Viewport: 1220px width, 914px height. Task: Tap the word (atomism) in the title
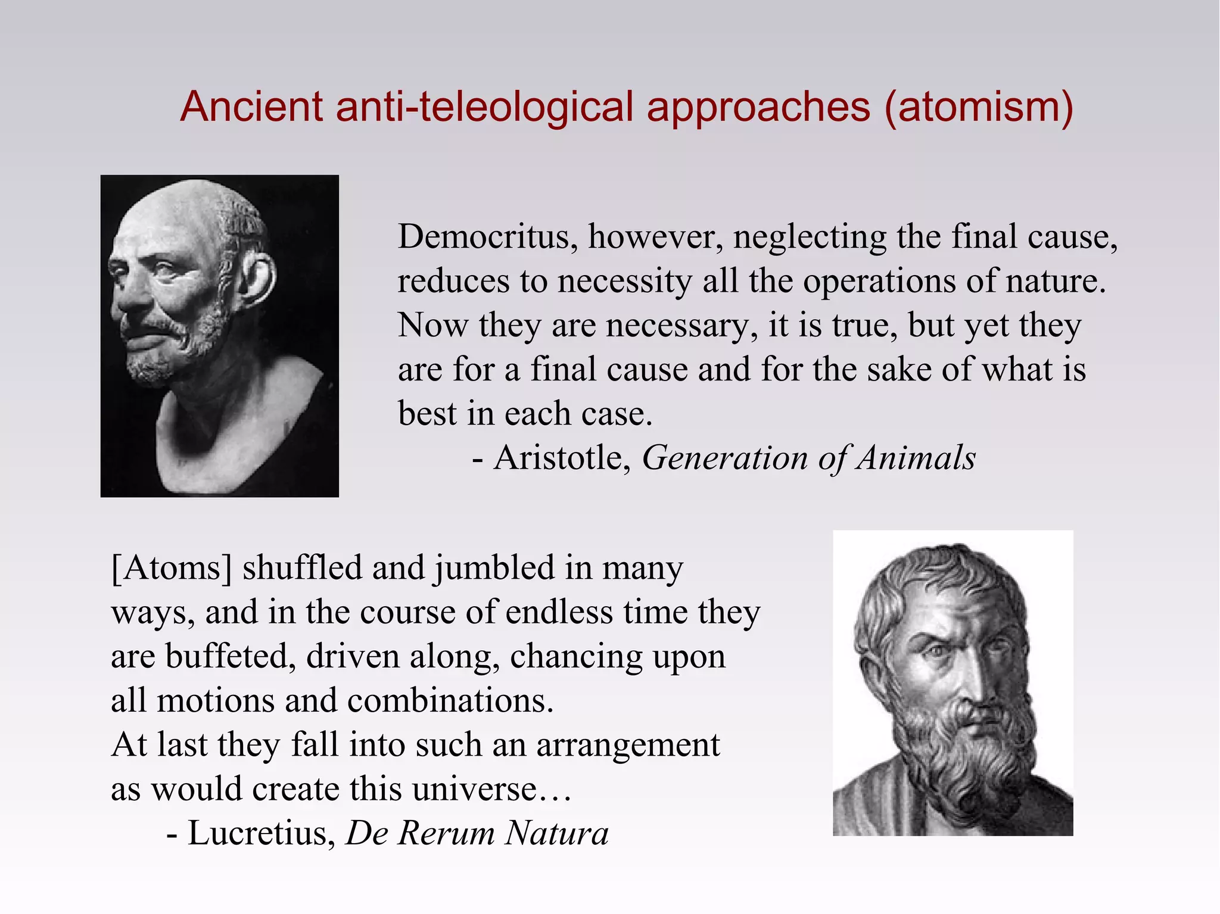[x=979, y=107]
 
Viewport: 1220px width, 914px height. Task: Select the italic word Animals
[x=916, y=458]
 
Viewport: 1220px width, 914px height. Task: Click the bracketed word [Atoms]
[x=171, y=567]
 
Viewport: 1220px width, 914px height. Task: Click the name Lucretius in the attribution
[x=261, y=833]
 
